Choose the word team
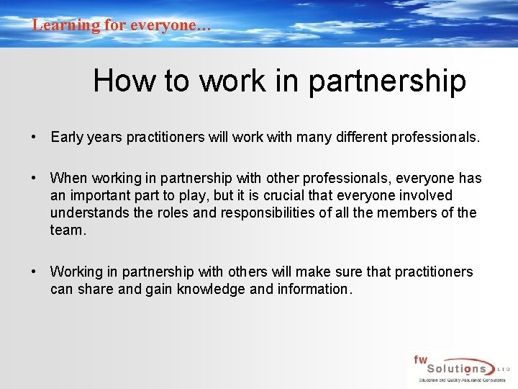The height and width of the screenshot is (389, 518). [67, 230]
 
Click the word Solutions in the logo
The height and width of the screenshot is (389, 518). [453, 368]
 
